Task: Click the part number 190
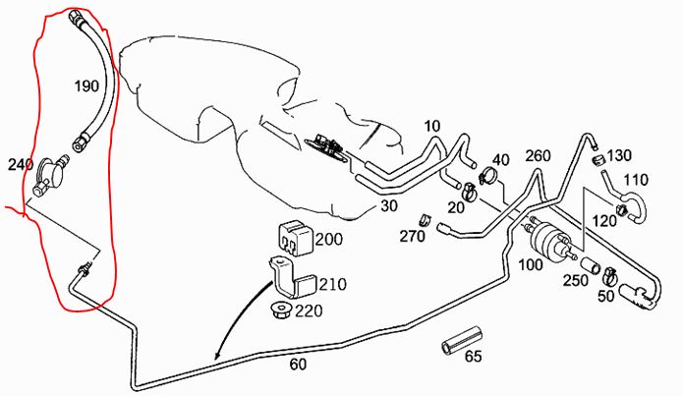click(x=86, y=86)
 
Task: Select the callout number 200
click(x=329, y=240)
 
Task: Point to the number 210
click(x=333, y=285)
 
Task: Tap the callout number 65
click(x=473, y=357)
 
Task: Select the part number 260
click(x=539, y=155)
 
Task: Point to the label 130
click(x=619, y=155)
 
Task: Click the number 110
click(x=637, y=181)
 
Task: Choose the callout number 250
click(x=577, y=280)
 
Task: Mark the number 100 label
click(x=531, y=265)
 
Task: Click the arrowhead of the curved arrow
click(x=218, y=356)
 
